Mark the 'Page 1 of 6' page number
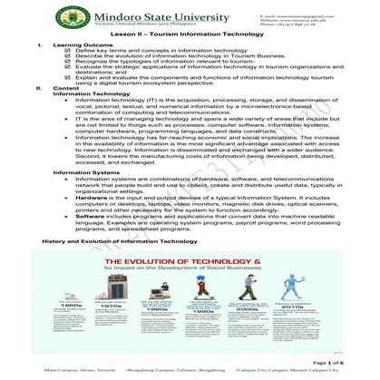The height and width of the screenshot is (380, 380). [x=330, y=362]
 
